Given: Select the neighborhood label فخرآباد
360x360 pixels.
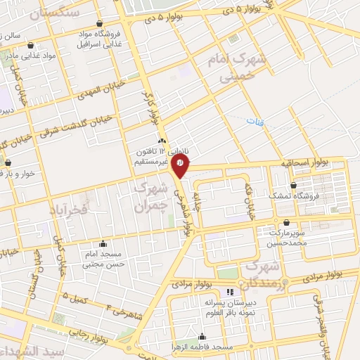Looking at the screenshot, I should [68, 209].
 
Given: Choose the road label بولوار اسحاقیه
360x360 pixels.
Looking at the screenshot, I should [304, 162].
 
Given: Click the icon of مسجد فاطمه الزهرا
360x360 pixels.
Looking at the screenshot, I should [202, 336].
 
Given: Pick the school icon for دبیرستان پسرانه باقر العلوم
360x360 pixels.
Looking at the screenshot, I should [229, 292].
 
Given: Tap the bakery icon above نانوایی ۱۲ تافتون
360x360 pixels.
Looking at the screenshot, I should [162, 141].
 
